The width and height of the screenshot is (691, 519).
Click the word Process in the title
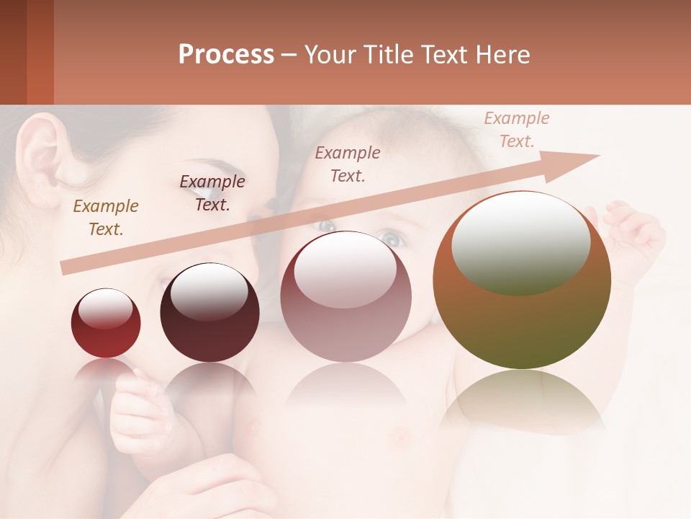pos(226,55)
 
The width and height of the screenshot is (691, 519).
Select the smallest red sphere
pos(106,324)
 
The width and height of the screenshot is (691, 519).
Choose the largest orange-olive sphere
pos(522,280)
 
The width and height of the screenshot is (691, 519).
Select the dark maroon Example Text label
pos(212,192)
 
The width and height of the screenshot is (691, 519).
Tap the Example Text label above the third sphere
pos(348,164)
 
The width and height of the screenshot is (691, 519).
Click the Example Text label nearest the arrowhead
pos(516,130)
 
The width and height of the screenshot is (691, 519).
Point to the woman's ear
pos(40,159)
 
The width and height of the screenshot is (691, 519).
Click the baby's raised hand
pos(633,231)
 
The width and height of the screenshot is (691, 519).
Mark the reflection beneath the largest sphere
pos(522,400)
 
